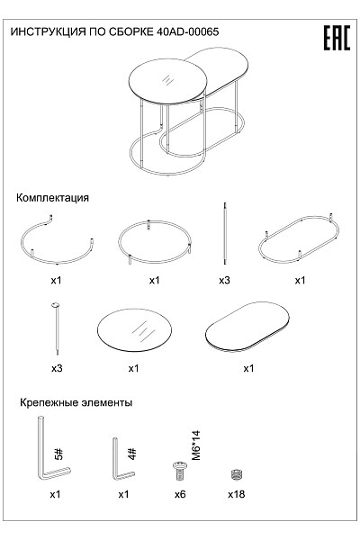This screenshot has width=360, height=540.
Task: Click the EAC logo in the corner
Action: click(x=337, y=38)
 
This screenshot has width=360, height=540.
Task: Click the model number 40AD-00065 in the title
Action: click(x=187, y=32)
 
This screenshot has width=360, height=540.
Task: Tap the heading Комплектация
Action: click(x=52, y=198)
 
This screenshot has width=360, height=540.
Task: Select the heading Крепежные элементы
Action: click(x=76, y=402)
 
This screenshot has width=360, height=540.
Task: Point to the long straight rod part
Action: click(x=225, y=233)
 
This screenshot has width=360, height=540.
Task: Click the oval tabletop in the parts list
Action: click(x=247, y=327)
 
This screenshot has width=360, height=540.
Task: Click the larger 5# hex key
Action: click(x=40, y=447)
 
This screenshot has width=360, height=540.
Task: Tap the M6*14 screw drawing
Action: click(x=180, y=472)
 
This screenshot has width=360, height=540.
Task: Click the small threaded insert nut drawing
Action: click(x=236, y=474)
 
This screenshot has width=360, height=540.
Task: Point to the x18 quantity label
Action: click(x=237, y=494)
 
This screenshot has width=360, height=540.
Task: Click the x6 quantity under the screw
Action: click(x=180, y=494)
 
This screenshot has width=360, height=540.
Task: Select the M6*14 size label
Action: click(x=195, y=445)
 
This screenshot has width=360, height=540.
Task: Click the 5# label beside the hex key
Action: click(x=58, y=454)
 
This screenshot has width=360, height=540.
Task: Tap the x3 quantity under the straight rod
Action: click(x=224, y=280)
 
